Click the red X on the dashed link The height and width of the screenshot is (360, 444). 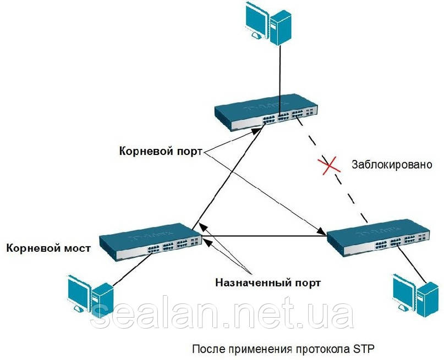click(x=329, y=165)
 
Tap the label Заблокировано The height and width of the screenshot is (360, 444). click(x=392, y=164)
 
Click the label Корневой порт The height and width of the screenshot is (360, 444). click(x=161, y=151)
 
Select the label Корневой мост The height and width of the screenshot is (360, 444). click(x=48, y=248)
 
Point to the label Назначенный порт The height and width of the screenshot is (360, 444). click(x=268, y=283)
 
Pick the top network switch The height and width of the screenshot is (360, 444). click(x=266, y=112)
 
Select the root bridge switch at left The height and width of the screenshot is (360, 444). click(x=151, y=242)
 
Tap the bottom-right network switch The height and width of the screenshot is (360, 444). click(x=379, y=237)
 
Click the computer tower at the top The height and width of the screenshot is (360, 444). click(x=281, y=27)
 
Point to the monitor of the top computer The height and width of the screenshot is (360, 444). click(x=256, y=21)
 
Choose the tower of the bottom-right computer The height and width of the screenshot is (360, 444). click(x=429, y=299)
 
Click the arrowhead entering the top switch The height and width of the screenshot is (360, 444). click(x=257, y=131)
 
